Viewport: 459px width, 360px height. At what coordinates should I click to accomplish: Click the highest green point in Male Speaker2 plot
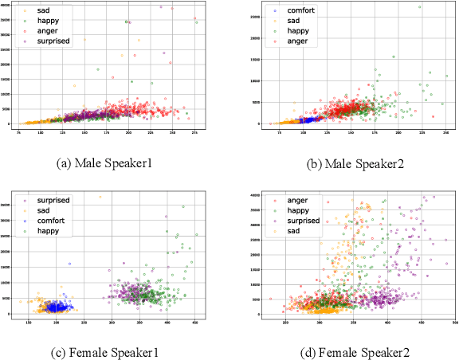tap(420, 7)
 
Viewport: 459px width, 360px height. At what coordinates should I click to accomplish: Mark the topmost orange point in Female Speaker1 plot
tap(100, 197)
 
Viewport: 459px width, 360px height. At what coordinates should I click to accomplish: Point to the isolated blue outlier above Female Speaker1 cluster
tap(69, 264)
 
